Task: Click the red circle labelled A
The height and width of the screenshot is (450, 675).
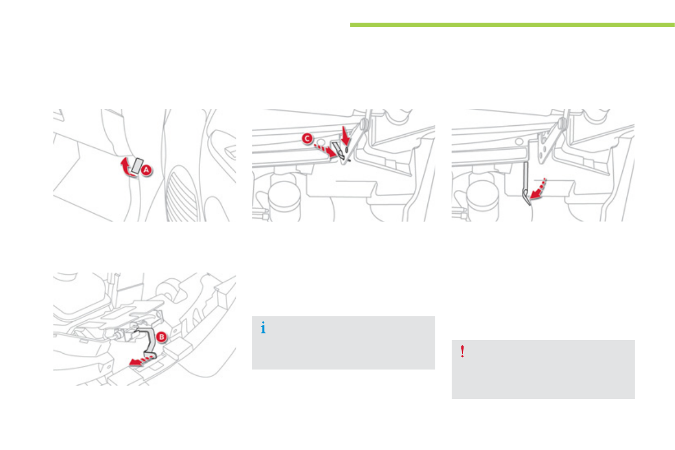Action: point(146,170)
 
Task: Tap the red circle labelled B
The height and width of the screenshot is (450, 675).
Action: point(162,337)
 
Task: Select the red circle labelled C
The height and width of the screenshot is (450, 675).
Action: point(307,139)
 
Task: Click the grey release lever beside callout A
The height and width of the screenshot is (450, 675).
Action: point(137,166)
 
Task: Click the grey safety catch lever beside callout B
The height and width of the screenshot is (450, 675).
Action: point(148,342)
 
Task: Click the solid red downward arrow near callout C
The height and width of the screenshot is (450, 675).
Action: point(345,135)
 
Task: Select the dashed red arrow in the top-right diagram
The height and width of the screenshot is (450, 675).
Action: point(538,189)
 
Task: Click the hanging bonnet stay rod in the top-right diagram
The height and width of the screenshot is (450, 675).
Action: point(526,183)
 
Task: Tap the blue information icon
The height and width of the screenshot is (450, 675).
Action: point(263,328)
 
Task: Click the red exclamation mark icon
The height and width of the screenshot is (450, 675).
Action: point(462,351)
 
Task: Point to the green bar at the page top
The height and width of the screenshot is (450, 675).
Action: point(512,25)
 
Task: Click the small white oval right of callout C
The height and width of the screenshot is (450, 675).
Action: point(320,141)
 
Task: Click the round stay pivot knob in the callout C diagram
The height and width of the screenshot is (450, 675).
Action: point(364,125)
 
